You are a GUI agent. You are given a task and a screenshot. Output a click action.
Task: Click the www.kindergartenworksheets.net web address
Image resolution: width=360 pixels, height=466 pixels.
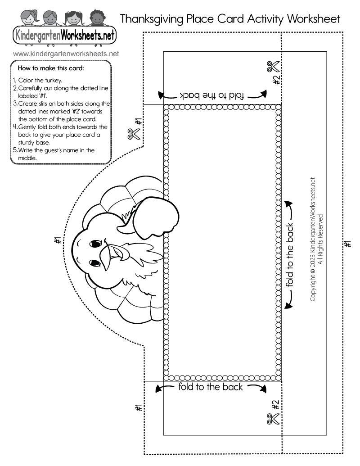[66, 54]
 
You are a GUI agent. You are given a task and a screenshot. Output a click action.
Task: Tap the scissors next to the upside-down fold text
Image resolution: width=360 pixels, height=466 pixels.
[273, 67]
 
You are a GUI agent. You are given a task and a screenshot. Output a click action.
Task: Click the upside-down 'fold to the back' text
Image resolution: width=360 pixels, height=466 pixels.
[211, 95]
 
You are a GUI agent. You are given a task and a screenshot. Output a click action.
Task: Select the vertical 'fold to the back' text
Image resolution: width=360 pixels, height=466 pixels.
[289, 254]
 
